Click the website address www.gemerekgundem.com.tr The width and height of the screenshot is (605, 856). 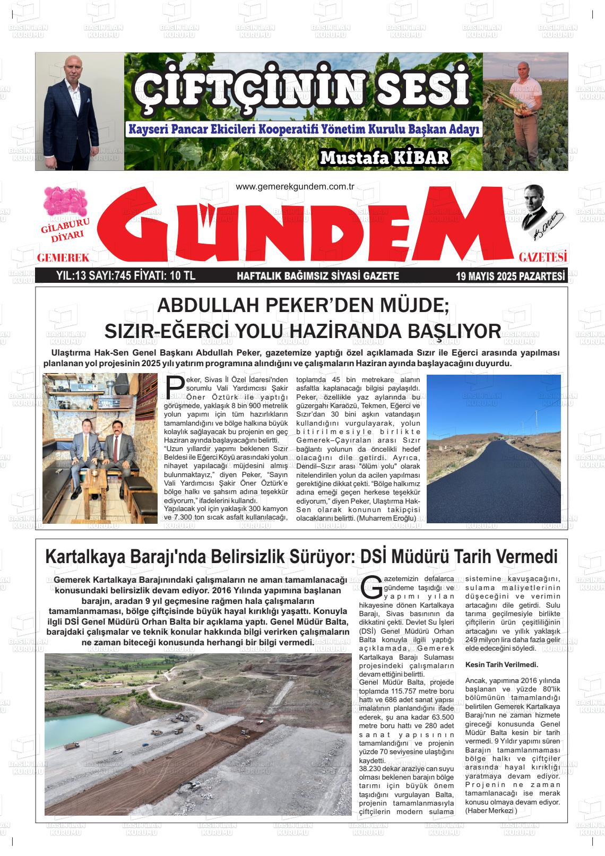click(x=295, y=186)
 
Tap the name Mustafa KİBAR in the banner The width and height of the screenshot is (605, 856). click(x=385, y=157)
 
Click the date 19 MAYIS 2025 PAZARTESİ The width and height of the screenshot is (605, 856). click(x=511, y=276)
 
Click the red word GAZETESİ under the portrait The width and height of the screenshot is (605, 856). click(x=543, y=258)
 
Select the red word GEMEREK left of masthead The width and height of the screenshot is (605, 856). click(x=63, y=258)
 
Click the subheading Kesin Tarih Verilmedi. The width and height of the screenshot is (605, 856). click(x=502, y=664)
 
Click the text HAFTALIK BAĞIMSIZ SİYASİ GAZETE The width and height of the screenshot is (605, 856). click(x=317, y=276)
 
